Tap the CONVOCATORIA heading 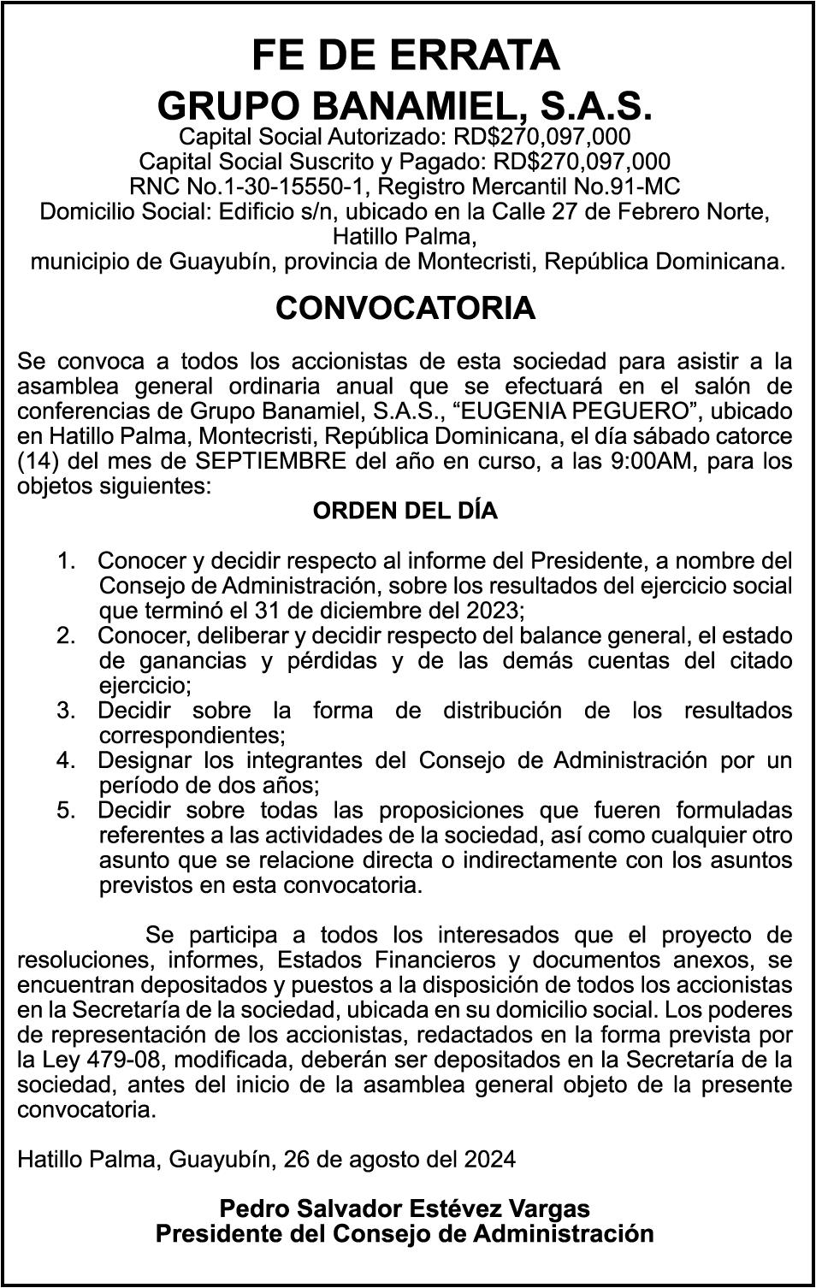(x=405, y=309)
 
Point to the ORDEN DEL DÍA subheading (x=405, y=511)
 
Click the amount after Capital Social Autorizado (x=542, y=136)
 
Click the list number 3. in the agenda (x=66, y=711)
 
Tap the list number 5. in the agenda (x=66, y=810)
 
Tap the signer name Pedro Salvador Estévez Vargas (x=405, y=1209)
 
